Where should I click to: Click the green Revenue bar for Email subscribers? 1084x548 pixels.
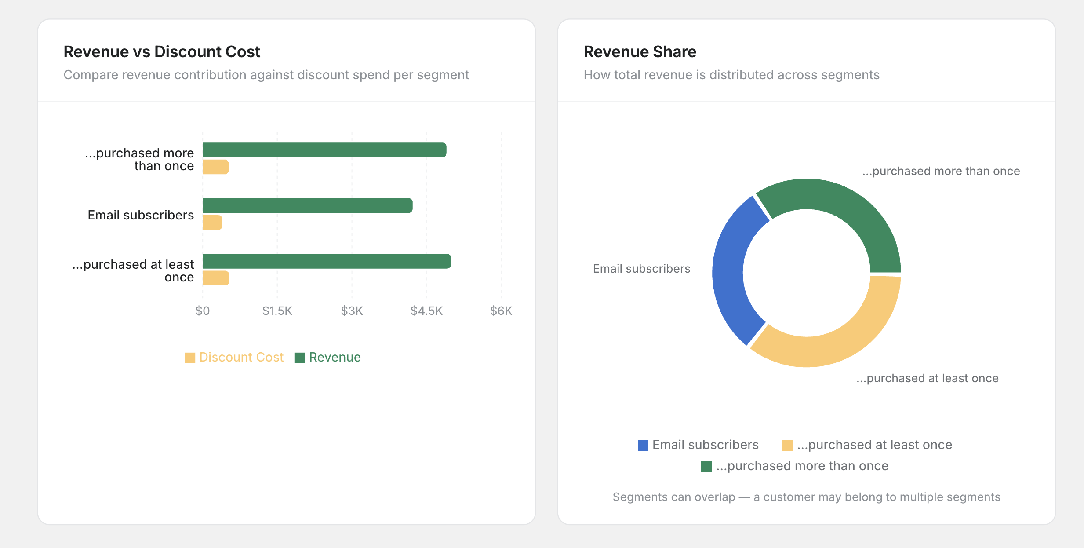(x=307, y=205)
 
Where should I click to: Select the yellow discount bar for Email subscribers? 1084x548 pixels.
(x=212, y=223)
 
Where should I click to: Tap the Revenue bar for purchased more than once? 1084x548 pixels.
(x=324, y=150)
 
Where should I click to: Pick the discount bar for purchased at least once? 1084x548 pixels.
(x=215, y=278)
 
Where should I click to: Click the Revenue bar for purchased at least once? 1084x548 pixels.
(x=327, y=261)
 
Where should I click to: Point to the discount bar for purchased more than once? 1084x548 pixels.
(x=215, y=167)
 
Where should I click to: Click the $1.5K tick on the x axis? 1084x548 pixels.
(x=277, y=311)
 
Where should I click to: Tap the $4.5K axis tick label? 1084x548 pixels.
(x=426, y=311)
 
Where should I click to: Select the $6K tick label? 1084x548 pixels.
(x=501, y=311)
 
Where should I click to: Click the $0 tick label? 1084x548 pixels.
(x=202, y=311)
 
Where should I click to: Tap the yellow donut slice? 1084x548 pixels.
(x=835, y=343)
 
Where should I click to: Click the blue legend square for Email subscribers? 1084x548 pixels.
(x=643, y=445)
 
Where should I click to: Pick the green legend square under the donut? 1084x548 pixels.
(x=706, y=466)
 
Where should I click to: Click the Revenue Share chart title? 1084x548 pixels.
(x=640, y=52)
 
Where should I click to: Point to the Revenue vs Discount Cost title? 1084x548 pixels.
(x=162, y=52)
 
